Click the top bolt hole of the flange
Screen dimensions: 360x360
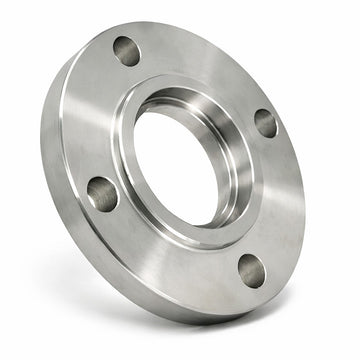tap(127, 51)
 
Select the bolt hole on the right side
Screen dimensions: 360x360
tap(266, 123)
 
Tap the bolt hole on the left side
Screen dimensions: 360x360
tap(102, 193)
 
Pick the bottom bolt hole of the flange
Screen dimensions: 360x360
tap(251, 270)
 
